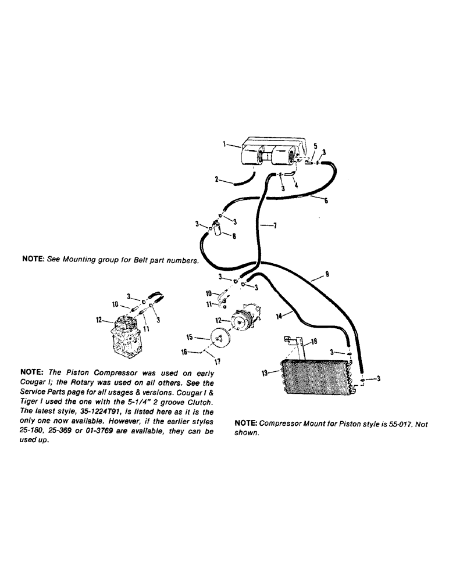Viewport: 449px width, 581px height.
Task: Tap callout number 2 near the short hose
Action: click(x=216, y=180)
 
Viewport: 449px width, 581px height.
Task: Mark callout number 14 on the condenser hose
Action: click(x=280, y=316)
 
